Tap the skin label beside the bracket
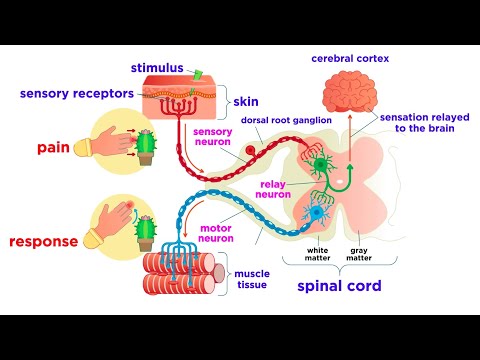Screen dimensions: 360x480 [245, 102]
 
